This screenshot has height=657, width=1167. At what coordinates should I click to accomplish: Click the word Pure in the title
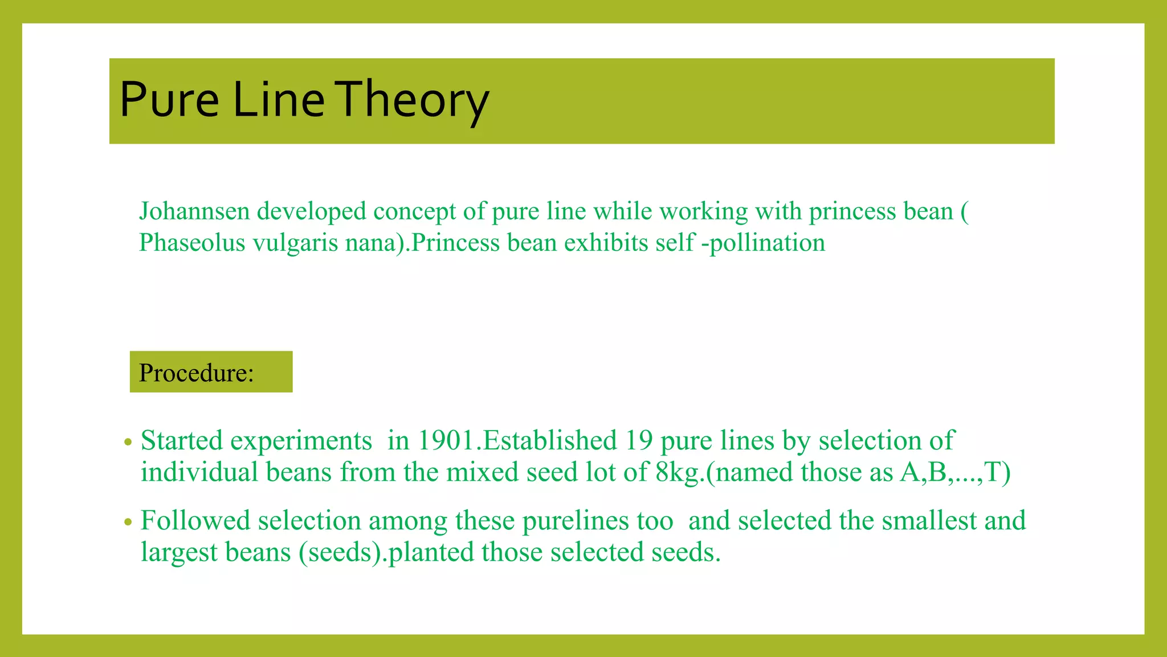(169, 100)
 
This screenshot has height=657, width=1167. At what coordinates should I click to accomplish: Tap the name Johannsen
(195, 212)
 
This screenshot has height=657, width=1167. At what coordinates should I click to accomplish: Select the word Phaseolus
(192, 243)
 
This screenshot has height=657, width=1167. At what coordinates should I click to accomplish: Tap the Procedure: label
(197, 373)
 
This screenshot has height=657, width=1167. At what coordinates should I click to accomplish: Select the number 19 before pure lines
(639, 441)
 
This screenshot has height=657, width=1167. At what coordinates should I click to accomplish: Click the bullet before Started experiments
(128, 442)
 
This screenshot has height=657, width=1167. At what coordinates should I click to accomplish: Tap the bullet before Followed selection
(128, 522)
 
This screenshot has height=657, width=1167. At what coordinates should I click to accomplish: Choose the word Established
(549, 441)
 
